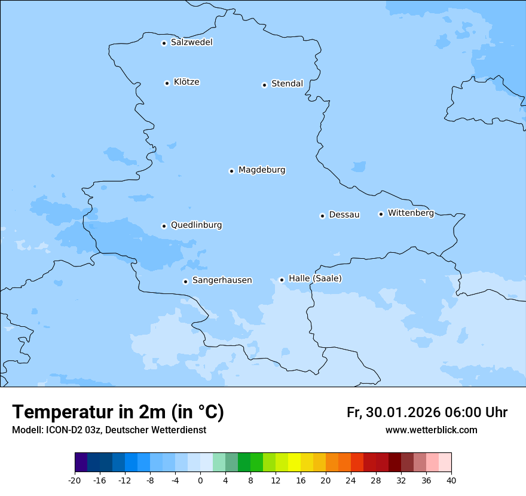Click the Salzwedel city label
pyautogui.click(x=191, y=42)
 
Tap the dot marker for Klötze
pyautogui.click(x=167, y=83)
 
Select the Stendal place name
pyautogui.click(x=287, y=84)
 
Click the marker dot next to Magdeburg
pyautogui.click(x=231, y=171)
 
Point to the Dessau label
pyautogui.click(x=344, y=215)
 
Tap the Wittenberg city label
pyautogui.click(x=411, y=213)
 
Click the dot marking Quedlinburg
pyautogui.click(x=164, y=226)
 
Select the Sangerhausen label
pyautogui.click(x=222, y=280)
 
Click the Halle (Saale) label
pyautogui.click(x=315, y=278)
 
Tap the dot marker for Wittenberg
pyautogui.click(x=381, y=214)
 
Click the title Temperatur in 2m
pyautogui.click(x=118, y=412)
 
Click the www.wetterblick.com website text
pyautogui.click(x=431, y=430)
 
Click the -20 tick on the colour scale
pyautogui.click(x=75, y=480)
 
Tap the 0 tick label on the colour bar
pyautogui.click(x=200, y=480)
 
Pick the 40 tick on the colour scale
pyautogui.click(x=451, y=480)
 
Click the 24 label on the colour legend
pyautogui.click(x=351, y=480)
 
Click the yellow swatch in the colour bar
pyautogui.click(x=294, y=463)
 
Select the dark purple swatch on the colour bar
pyautogui.click(x=81, y=463)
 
